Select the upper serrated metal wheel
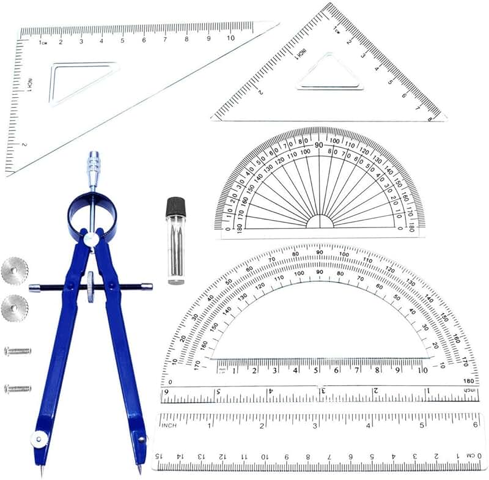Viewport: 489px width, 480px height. pyautogui.click(x=14, y=271)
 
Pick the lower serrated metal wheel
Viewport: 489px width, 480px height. pyautogui.click(x=14, y=308)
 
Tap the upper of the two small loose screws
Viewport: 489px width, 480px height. pyautogui.click(x=17, y=352)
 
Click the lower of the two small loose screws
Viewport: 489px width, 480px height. pyautogui.click(x=17, y=388)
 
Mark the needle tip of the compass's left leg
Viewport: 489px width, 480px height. pyautogui.click(x=42, y=472)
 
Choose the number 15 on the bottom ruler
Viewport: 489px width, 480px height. pyautogui.click(x=159, y=456)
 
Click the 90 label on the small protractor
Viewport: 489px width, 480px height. pyautogui.click(x=319, y=145)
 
